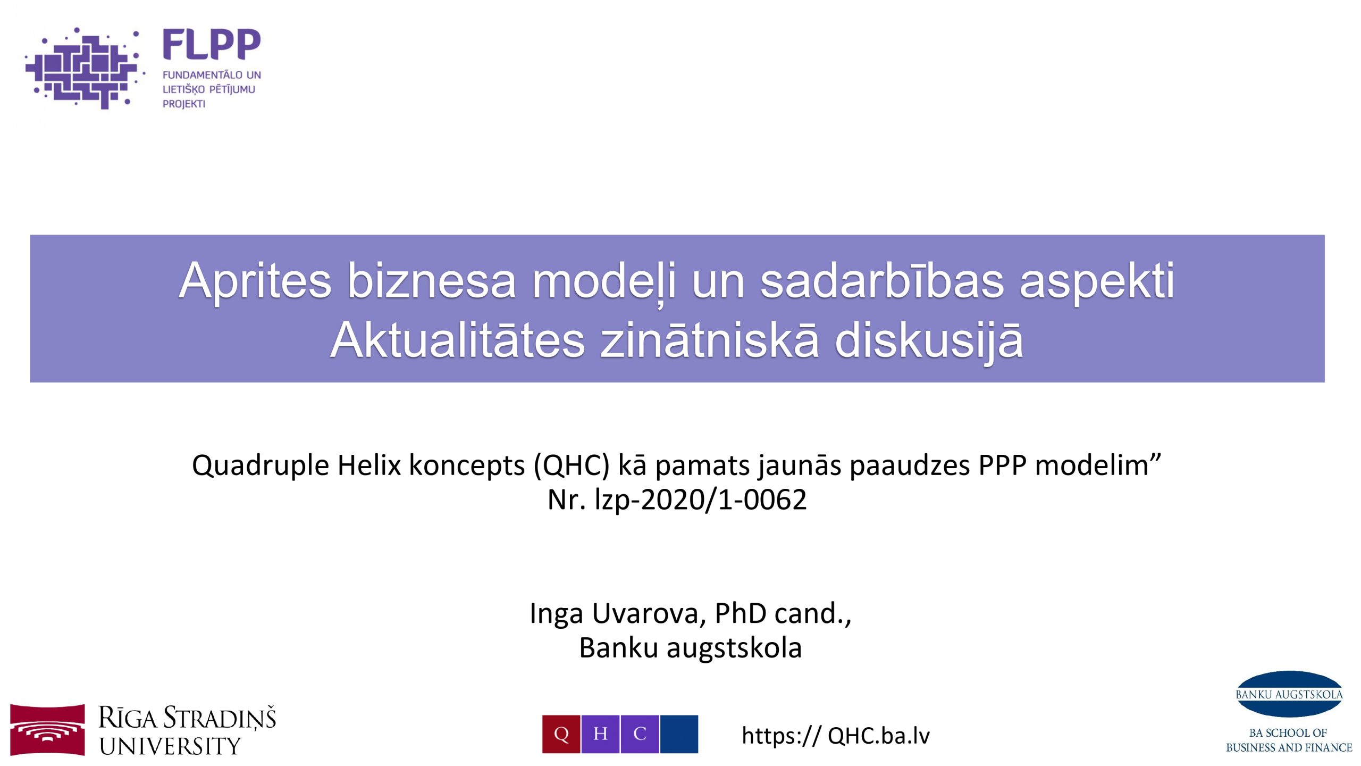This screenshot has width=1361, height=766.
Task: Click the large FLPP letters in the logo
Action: [x=212, y=44]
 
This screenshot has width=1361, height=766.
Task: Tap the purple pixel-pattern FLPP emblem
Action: [x=84, y=68]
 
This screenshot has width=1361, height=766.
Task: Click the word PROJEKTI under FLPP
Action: [x=184, y=104]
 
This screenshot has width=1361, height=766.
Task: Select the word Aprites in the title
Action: [x=255, y=282]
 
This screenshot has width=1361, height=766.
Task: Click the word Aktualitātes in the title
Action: [x=458, y=340]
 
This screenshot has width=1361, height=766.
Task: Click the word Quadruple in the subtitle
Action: [x=261, y=466]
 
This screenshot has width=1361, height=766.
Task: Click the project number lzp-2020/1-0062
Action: [x=701, y=500]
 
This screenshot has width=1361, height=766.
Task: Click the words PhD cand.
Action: [x=779, y=613]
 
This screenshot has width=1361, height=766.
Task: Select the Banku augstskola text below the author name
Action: [x=690, y=648]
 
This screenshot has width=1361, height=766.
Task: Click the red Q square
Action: [x=561, y=734]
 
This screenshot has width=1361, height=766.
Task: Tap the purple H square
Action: [x=600, y=734]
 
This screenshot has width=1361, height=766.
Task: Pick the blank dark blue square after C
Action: [x=679, y=734]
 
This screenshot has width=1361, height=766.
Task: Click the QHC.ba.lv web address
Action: [x=879, y=736]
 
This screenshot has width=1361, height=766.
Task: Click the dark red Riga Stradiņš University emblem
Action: [x=47, y=730]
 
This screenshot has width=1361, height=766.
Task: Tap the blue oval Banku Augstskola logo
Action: [x=1289, y=694]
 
